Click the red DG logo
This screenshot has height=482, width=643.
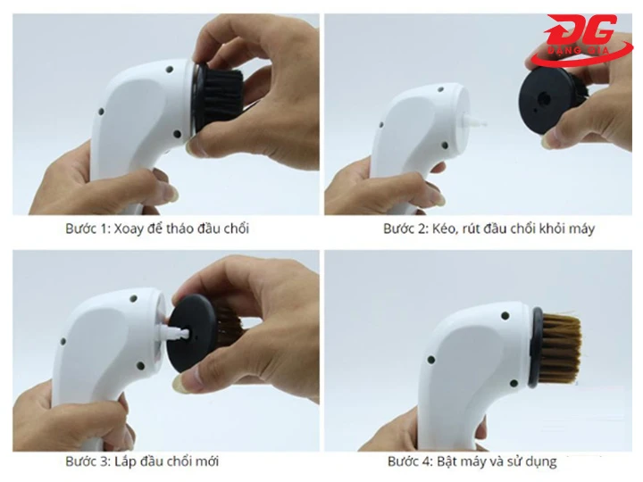[581, 42]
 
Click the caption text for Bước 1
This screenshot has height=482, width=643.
[157, 229]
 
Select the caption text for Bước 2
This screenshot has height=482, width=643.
[489, 229]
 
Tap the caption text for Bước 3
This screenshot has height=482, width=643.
[142, 461]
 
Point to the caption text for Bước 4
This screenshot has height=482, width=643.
[472, 461]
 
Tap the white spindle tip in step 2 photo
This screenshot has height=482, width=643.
[476, 121]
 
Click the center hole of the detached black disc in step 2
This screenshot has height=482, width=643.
[544, 98]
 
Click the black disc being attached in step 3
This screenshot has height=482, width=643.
[192, 333]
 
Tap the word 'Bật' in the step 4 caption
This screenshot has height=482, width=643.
[447, 461]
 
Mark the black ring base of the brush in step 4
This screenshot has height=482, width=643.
[535, 347]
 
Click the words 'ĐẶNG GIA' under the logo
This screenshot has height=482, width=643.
[579, 50]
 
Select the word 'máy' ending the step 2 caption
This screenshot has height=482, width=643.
[581, 229]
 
